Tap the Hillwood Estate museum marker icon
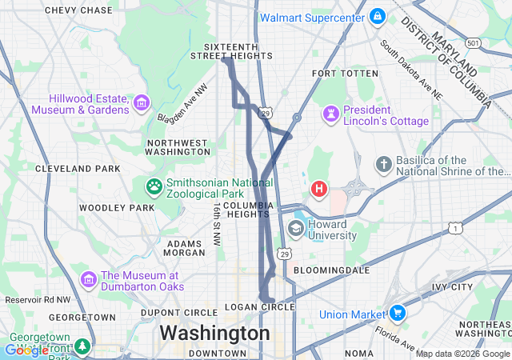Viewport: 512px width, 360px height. tap(142, 102)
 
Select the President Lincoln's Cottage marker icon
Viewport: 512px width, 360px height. tap(331, 114)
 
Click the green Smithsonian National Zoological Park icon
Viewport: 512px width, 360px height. tap(154, 186)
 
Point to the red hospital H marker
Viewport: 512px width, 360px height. tap(319, 189)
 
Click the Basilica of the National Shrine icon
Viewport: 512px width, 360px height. tap(384, 165)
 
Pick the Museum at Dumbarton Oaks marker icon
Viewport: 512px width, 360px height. tap(89, 280)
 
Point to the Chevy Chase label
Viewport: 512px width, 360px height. tap(78, 10)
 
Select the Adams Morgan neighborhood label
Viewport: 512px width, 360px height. tap(185, 247)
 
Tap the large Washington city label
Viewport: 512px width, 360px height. tap(214, 332)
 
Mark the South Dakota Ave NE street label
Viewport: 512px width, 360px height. tap(410, 70)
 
